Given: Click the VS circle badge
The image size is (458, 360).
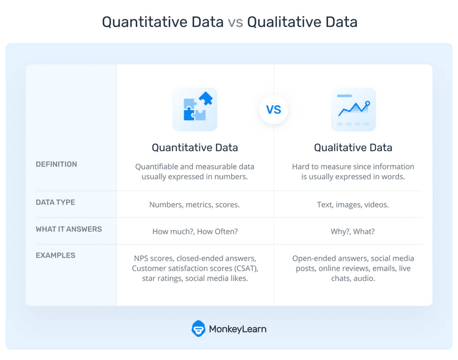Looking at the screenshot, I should click(x=274, y=110).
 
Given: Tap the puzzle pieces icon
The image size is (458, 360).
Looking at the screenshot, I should click(x=195, y=109).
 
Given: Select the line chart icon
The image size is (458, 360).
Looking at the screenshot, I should click(x=353, y=109).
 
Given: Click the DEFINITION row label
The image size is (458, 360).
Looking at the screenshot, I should click(x=56, y=164).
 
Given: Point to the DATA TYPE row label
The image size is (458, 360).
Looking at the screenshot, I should click(x=55, y=202).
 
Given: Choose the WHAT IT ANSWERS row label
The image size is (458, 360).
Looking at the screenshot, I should click(x=68, y=229).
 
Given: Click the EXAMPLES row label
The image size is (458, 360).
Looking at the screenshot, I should click(x=55, y=255).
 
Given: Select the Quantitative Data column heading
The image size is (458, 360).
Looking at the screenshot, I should click(x=195, y=148).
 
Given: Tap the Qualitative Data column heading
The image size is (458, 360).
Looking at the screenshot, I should click(x=353, y=148).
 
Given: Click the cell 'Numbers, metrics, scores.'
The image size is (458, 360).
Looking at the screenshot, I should click(x=195, y=204).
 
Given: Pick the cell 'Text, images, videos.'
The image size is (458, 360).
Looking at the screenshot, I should click(x=353, y=204).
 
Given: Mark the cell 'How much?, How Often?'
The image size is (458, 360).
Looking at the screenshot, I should click(x=195, y=231).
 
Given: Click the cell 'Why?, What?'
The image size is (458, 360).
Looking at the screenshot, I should click(x=353, y=231).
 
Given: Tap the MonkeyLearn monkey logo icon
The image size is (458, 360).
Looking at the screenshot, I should click(x=199, y=329).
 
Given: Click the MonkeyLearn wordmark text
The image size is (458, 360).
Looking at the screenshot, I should click(x=238, y=329).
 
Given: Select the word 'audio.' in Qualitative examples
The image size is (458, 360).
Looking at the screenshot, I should click(x=364, y=279).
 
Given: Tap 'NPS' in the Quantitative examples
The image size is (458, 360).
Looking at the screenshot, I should click(x=143, y=258).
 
